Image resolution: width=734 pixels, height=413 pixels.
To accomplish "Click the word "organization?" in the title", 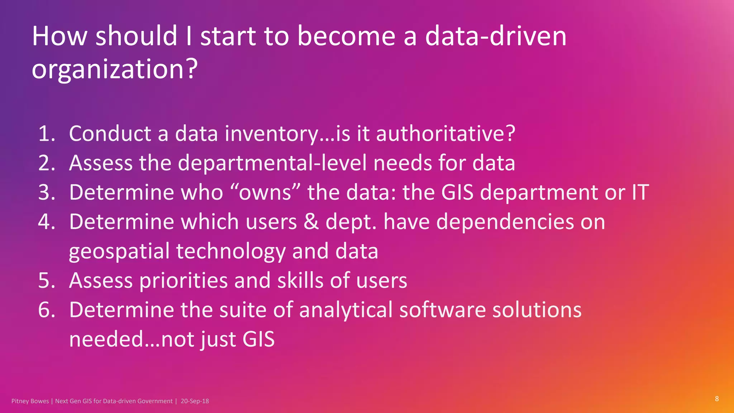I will pos(115,69).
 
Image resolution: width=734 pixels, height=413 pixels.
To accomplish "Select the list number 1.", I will pos(47,133).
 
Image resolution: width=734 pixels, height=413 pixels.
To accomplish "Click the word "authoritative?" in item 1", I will pos(445,133).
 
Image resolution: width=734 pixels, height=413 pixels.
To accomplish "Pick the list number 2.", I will pos(47,163).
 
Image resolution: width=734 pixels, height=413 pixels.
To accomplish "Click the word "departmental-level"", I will pos(272,163).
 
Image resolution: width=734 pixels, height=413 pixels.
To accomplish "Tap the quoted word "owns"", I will pos(265,193).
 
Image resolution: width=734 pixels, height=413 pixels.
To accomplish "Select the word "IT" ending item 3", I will pos(640,193).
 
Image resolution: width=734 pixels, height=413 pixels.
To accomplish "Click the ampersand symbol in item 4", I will pos(311,222).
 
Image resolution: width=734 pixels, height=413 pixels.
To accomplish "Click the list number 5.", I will pos(47,280).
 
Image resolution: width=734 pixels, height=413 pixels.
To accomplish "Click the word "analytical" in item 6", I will pos(346,310).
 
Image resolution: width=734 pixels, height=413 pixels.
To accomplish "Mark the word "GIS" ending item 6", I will pos(258,339).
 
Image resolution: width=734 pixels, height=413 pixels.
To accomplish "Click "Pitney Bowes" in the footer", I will pos(30,401).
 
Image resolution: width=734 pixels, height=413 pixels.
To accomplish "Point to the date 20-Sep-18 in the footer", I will pos(195,401).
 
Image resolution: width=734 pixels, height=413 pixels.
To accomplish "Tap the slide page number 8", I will pos(717,399).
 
